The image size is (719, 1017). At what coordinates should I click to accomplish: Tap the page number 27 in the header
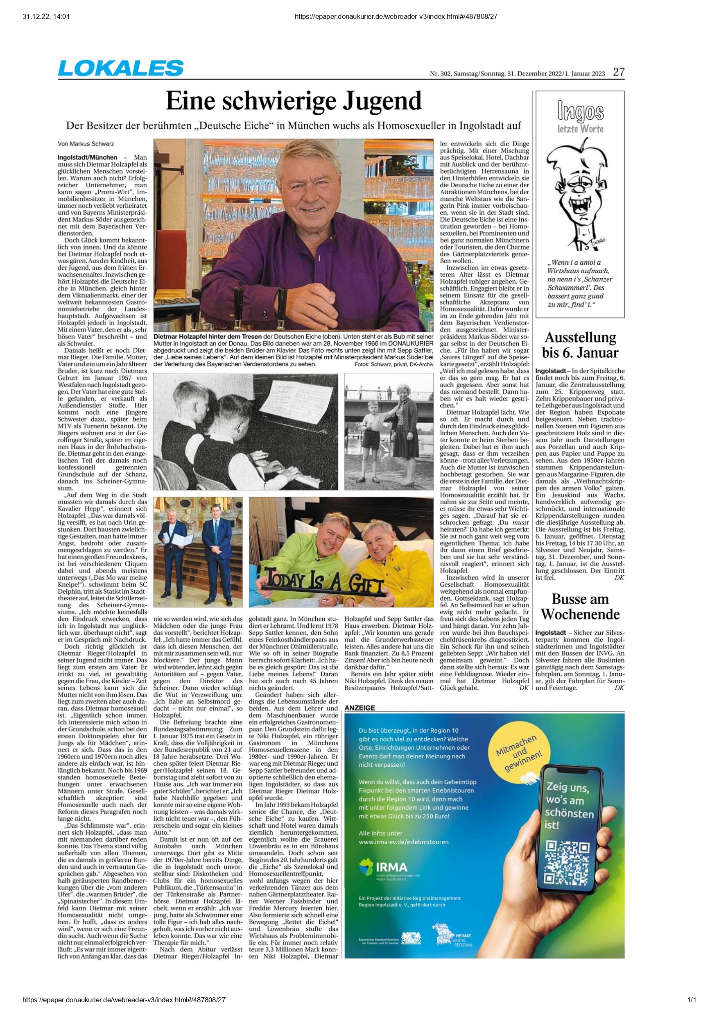tap(619, 73)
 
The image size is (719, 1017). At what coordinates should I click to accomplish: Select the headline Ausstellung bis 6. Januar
tap(580, 345)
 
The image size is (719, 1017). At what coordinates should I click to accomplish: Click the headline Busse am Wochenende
tap(580, 607)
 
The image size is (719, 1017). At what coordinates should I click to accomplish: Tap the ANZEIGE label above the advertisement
tap(359, 708)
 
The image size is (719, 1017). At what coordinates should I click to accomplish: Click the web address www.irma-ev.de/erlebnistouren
tap(404, 842)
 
